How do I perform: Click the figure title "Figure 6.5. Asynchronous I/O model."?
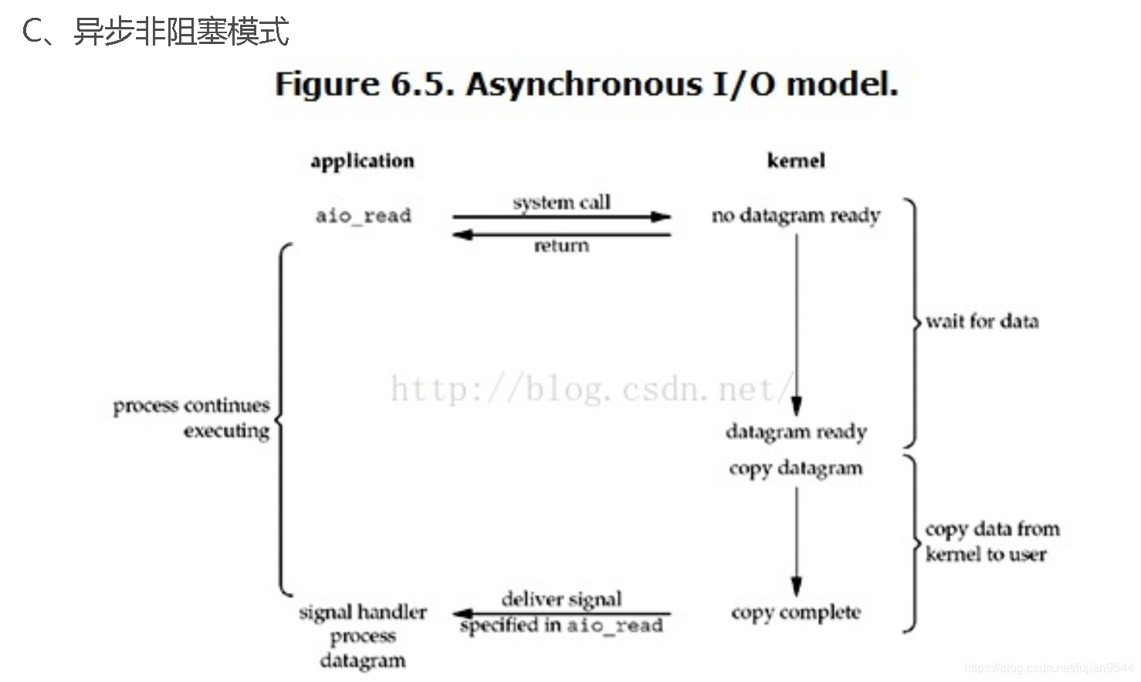point(587,84)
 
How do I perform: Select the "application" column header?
point(362,161)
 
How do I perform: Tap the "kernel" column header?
point(796,161)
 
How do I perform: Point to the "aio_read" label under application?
point(363,215)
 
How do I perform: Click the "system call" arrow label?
point(561,202)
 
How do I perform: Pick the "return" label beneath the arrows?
point(561,246)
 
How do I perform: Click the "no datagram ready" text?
point(796,215)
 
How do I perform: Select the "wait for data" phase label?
point(982,321)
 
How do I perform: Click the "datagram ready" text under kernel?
point(796,432)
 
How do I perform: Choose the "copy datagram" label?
point(796,468)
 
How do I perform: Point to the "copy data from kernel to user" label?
point(991,541)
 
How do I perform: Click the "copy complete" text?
point(796,612)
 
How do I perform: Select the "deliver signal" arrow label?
point(561,599)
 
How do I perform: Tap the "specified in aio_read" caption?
point(561,625)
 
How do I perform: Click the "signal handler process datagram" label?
point(363,636)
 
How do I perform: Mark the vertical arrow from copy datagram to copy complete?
point(797,541)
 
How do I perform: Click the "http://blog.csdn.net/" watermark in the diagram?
point(591,389)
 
